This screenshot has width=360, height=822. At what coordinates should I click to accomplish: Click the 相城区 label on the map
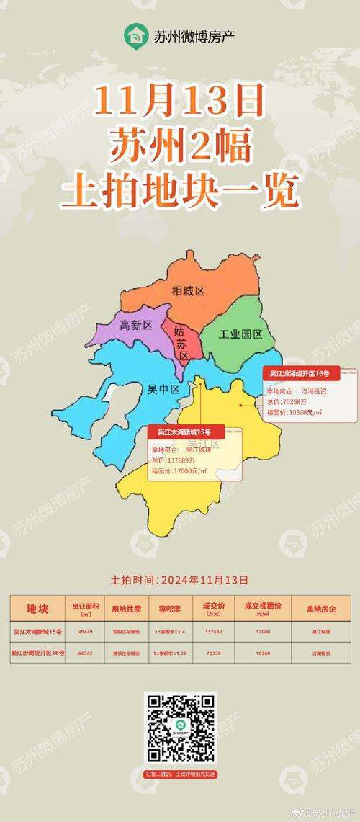coord(189,291)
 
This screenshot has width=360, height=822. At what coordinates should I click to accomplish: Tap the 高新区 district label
coord(136,325)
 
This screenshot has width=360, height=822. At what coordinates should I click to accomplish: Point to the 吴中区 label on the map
coord(163,389)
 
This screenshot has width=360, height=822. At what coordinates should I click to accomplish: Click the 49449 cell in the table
coord(85,632)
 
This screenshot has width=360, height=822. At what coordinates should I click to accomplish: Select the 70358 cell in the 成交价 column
coord(213,652)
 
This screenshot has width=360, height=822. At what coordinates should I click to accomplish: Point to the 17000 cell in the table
coord(263,632)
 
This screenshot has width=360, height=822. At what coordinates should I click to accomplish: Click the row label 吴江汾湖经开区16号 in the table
coord(37,652)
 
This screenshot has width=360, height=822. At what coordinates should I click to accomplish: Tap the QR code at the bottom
coord(180,729)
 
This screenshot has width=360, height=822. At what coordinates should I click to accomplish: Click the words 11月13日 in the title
coord(178,102)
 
